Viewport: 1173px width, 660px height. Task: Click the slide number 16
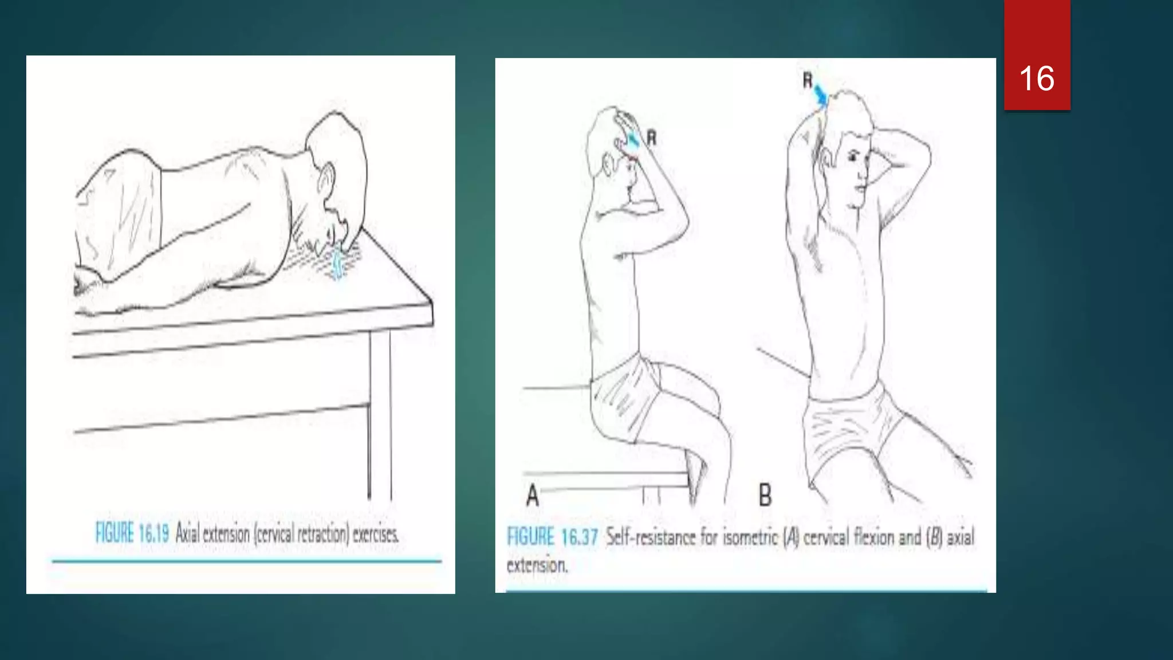(x=1037, y=78)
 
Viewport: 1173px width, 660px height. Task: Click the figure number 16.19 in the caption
(x=153, y=534)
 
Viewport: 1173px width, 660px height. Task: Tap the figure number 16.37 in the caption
(x=579, y=537)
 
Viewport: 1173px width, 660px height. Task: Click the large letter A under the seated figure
(x=532, y=495)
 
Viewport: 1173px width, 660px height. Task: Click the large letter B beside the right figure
(x=765, y=495)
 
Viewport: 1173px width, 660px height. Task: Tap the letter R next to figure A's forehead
(x=651, y=137)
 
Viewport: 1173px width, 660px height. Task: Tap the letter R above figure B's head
(x=807, y=81)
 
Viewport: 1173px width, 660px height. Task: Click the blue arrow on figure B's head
(x=821, y=95)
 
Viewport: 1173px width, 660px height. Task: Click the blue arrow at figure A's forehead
(x=633, y=139)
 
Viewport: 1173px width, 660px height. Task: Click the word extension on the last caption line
(x=537, y=565)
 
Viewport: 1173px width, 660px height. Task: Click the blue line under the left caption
(x=246, y=561)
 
